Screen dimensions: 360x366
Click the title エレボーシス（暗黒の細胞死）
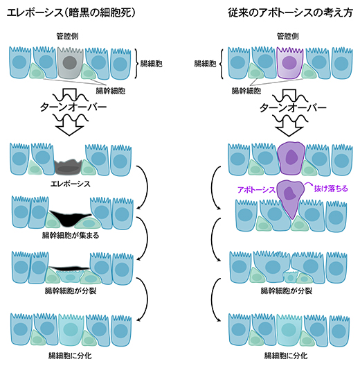[71, 12]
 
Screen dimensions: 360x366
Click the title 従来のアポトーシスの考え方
[290, 12]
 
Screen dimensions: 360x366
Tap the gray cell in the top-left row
[70, 62]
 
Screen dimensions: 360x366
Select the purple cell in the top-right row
[290, 62]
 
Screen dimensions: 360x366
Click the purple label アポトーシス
[256, 189]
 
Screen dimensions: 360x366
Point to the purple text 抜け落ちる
[331, 189]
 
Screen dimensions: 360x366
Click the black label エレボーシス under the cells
[70, 184]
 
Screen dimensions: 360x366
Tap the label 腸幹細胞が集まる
[71, 235]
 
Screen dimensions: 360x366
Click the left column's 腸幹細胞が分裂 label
[71, 291]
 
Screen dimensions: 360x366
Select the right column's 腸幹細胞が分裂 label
[287, 291]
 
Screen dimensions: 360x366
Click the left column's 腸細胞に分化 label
[70, 356]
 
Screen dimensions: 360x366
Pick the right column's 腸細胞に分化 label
[286, 356]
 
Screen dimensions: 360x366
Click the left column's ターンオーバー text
[73, 107]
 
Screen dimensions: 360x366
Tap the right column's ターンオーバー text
[293, 107]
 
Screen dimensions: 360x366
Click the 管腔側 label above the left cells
[67, 36]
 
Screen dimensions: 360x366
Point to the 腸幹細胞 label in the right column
[246, 91]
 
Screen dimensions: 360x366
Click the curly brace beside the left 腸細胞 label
[136, 63]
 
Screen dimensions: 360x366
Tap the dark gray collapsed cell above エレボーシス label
[69, 166]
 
